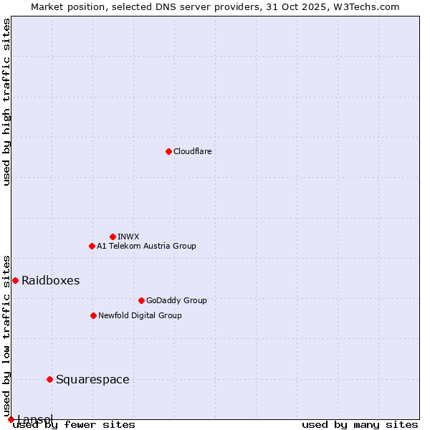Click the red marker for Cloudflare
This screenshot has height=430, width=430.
click(168, 151)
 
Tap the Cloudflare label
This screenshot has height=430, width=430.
click(192, 151)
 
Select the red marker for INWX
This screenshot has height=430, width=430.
click(113, 236)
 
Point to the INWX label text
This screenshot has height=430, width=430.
click(128, 236)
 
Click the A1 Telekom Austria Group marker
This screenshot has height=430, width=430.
click(92, 246)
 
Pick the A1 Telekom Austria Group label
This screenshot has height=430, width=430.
click(146, 246)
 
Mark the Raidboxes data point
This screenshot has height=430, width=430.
click(15, 280)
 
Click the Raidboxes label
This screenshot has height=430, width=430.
click(50, 280)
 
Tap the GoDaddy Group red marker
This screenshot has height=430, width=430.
click(141, 300)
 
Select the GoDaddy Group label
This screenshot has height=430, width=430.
click(176, 300)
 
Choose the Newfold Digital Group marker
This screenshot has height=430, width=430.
click(93, 315)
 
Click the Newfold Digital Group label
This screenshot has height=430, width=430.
click(140, 315)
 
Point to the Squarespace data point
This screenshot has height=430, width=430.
click(49, 379)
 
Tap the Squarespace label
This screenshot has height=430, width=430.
click(92, 379)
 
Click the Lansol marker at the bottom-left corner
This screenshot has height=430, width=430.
click(11, 419)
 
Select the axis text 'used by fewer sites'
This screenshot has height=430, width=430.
click(74, 425)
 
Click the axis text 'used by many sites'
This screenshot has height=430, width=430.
click(360, 425)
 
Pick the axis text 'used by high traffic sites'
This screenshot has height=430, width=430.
click(6, 102)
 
